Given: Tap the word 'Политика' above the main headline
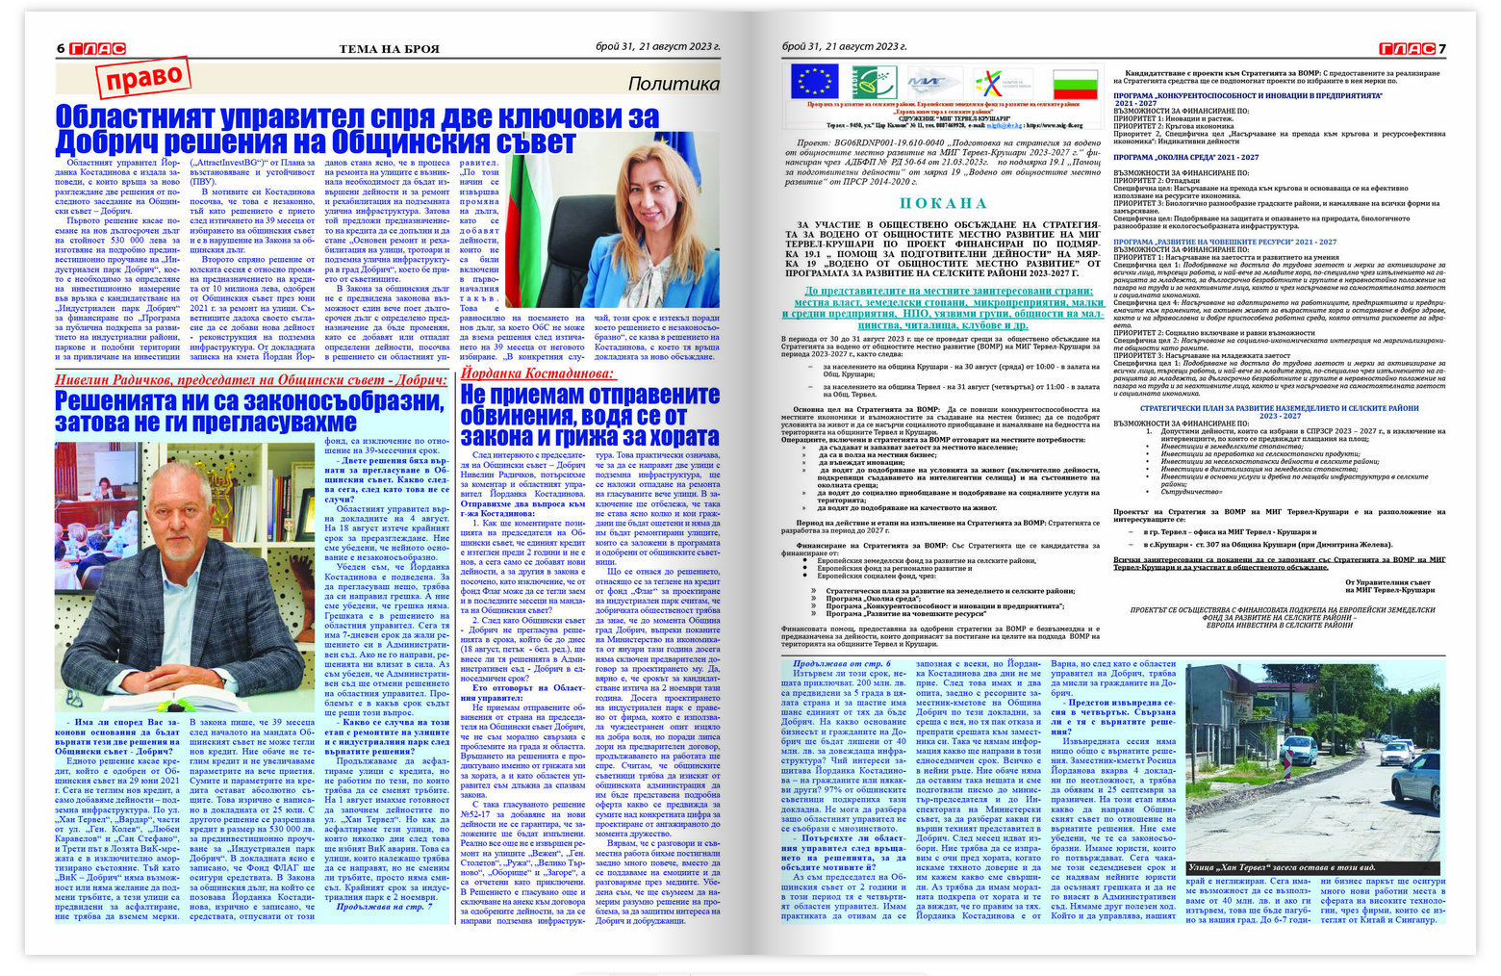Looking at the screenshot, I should click(x=673, y=84).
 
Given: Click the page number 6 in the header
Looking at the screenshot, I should click(x=61, y=48).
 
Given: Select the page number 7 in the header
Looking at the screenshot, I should click(x=1442, y=48).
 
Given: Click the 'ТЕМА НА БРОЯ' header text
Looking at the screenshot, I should click(x=389, y=48).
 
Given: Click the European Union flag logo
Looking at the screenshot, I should click(x=814, y=82).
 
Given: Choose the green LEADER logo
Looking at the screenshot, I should click(x=874, y=82).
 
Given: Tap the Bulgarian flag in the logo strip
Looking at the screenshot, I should click(x=1075, y=84).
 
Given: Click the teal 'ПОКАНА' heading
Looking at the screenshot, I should click(x=943, y=203).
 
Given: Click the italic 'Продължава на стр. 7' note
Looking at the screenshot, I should click(x=384, y=907).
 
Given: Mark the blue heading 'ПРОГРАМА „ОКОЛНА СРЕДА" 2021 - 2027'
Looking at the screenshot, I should click(x=1185, y=157).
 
